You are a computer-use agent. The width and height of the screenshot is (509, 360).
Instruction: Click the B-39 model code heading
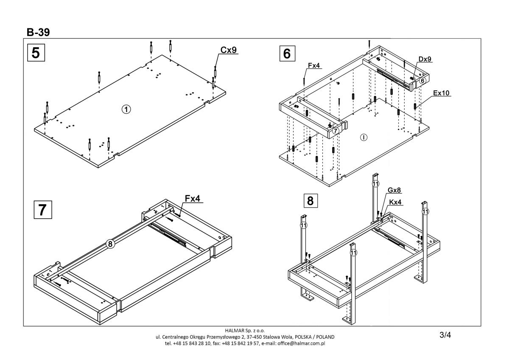38,33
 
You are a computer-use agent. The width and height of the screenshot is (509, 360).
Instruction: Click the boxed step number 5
36,53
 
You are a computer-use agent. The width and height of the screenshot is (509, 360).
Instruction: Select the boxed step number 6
287,53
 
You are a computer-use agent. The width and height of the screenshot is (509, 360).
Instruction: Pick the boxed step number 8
310,200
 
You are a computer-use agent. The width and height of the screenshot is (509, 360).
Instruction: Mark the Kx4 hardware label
395,202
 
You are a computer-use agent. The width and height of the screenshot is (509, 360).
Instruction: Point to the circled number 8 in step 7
110,244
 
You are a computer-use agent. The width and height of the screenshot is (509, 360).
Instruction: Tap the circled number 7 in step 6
336,131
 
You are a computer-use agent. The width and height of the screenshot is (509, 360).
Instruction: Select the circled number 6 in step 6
422,80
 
